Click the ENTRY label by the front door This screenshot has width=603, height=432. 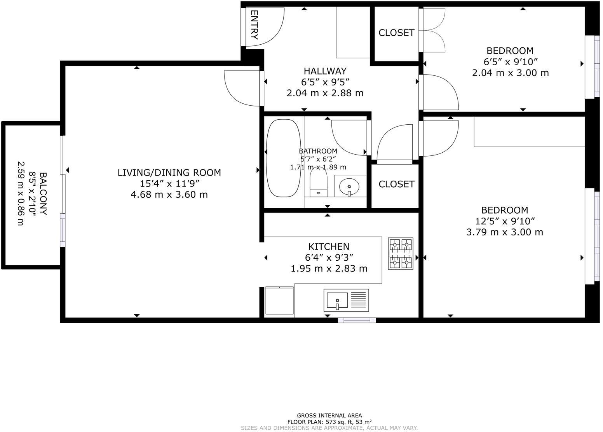254,25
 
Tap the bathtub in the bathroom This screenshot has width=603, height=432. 283,158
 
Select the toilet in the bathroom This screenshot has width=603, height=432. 319,184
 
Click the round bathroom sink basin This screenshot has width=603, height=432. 349,187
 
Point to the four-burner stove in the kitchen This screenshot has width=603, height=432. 401,254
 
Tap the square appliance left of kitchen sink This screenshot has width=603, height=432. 279,300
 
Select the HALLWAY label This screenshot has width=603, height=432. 325,71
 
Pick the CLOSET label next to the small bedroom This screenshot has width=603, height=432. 396,33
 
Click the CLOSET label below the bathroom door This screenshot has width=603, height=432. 396,184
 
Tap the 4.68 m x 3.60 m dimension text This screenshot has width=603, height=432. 169,194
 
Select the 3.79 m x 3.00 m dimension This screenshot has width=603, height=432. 504,232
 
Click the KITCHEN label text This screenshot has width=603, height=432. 329,247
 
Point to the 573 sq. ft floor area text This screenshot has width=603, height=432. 329,422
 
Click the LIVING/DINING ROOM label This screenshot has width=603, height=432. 169,172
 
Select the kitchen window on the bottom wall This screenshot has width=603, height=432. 357,320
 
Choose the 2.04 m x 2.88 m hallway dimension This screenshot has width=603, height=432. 325,93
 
